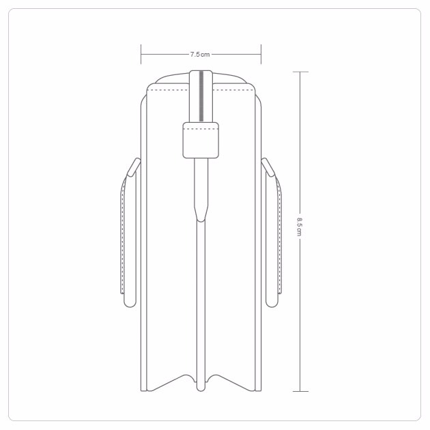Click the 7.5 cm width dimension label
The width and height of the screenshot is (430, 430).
point(200,55)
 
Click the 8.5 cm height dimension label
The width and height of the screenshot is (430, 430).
point(300,227)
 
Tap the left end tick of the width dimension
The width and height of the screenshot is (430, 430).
point(141,55)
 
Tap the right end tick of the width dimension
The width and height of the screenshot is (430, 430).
point(261,55)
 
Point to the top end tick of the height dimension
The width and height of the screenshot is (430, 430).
point(300,72)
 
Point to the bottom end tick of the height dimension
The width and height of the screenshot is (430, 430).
point(300,391)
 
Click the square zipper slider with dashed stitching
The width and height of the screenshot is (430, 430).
point(201,140)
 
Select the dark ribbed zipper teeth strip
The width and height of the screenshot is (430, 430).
point(201,96)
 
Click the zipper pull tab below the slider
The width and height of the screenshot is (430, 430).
point(201,190)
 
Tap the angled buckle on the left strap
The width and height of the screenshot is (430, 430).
point(134,167)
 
